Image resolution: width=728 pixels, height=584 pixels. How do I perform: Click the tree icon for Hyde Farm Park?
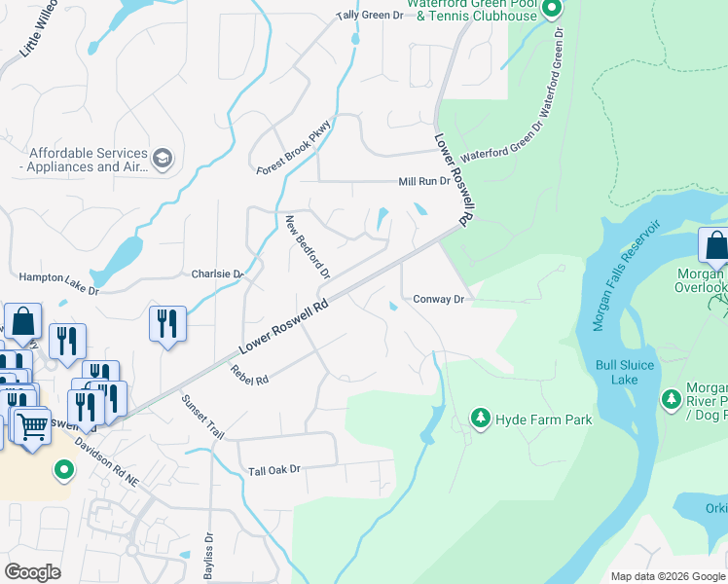point(480,419)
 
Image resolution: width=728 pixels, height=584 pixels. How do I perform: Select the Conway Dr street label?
point(438,300)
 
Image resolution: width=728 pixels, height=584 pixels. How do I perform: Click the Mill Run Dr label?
point(424,182)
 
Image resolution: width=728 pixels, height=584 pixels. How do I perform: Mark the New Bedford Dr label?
point(308,247)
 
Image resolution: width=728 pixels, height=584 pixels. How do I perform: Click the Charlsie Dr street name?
point(216,274)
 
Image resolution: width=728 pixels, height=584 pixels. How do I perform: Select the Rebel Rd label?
point(249,374)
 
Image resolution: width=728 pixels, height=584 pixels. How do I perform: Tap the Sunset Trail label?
point(202,418)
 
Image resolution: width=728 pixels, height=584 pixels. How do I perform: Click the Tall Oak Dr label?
point(274,469)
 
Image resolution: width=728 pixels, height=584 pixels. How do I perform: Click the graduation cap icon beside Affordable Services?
point(164,160)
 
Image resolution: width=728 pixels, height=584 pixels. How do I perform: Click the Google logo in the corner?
point(33,572)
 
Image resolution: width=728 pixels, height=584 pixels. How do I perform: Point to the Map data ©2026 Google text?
point(667,576)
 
